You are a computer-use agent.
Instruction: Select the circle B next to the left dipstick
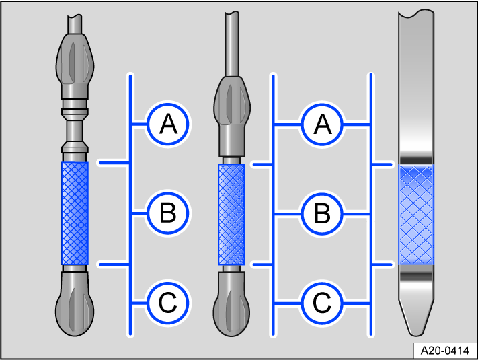click(x=168, y=214)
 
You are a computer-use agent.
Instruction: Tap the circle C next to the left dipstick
click(x=168, y=303)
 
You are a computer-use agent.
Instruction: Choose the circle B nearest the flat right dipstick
click(x=323, y=214)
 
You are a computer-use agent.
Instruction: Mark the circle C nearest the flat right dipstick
click(x=323, y=303)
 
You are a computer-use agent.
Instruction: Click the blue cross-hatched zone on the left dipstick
click(x=75, y=213)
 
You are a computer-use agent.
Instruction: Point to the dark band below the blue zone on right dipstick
click(x=417, y=275)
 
